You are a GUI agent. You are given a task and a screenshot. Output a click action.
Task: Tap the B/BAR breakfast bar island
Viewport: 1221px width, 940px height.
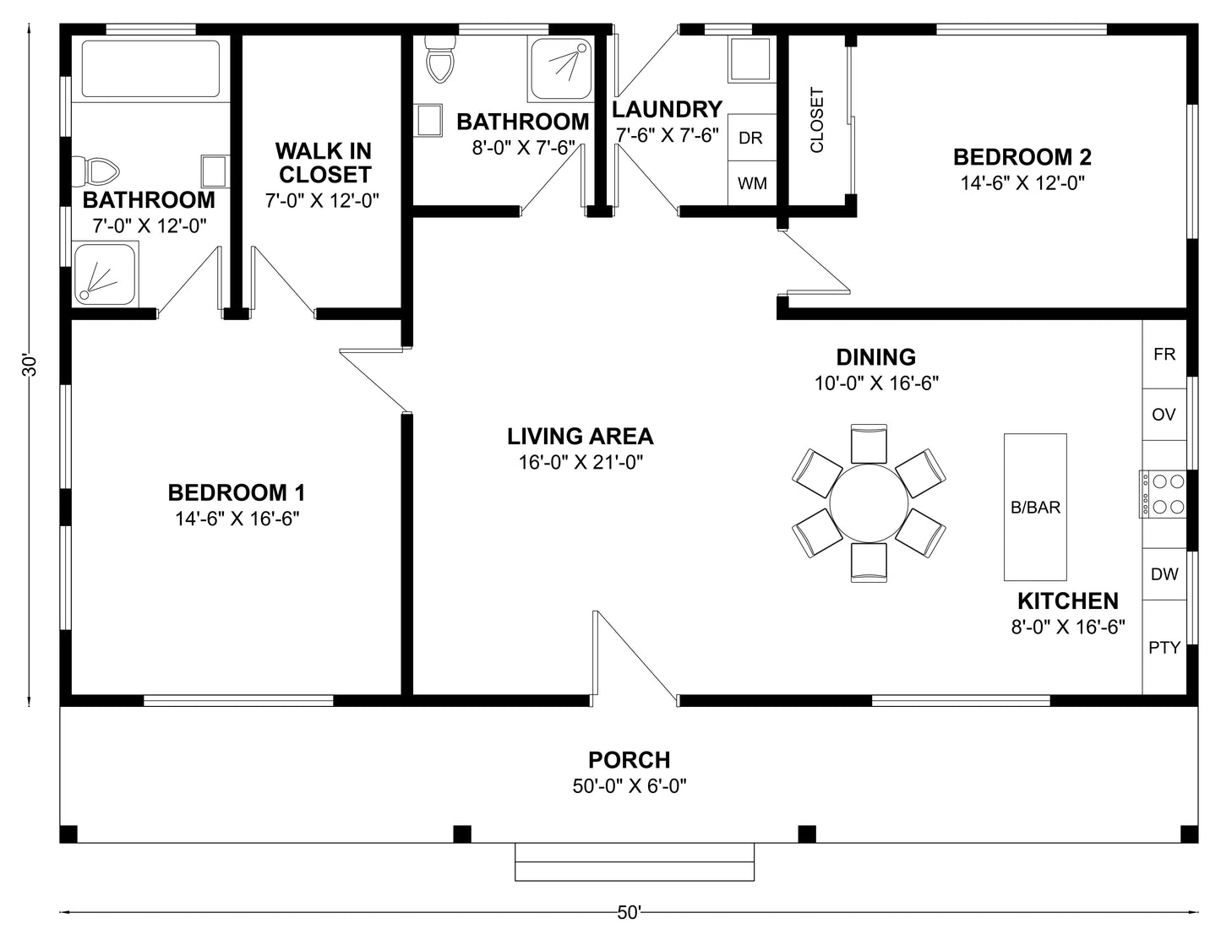[x=1035, y=507]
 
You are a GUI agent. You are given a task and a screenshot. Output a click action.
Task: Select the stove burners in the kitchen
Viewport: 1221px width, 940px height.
[x=1164, y=494]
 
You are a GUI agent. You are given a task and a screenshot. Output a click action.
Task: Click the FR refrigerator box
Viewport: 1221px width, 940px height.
[x=1164, y=354]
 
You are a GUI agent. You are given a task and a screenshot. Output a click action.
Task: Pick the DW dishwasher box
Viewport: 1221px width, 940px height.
[x=1164, y=574]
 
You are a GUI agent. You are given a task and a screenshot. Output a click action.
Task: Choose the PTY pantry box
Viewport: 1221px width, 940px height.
[x=1164, y=648]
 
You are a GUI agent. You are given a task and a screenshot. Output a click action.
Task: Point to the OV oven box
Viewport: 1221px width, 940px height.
[x=1164, y=415]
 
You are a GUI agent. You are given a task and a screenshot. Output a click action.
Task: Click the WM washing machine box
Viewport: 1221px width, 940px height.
[x=752, y=183]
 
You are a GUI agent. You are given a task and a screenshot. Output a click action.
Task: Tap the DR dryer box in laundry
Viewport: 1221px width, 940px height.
[x=751, y=138]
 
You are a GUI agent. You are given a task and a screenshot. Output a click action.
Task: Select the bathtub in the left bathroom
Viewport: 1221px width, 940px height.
[x=150, y=68]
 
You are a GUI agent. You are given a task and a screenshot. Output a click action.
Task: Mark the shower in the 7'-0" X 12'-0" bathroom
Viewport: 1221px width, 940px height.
[x=105, y=274]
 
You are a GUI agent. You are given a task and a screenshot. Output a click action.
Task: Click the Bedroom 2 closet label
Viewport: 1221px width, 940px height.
[x=817, y=120]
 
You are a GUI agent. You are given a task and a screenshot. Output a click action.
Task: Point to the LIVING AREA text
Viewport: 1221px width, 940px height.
[x=580, y=437]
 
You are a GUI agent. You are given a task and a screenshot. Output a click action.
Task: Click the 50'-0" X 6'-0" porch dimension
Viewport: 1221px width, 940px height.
[x=630, y=786]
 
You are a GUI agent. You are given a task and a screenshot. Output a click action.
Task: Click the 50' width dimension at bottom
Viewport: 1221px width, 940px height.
[x=629, y=912]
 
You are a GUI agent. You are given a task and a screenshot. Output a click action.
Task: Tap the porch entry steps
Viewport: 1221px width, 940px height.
[x=634, y=862]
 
